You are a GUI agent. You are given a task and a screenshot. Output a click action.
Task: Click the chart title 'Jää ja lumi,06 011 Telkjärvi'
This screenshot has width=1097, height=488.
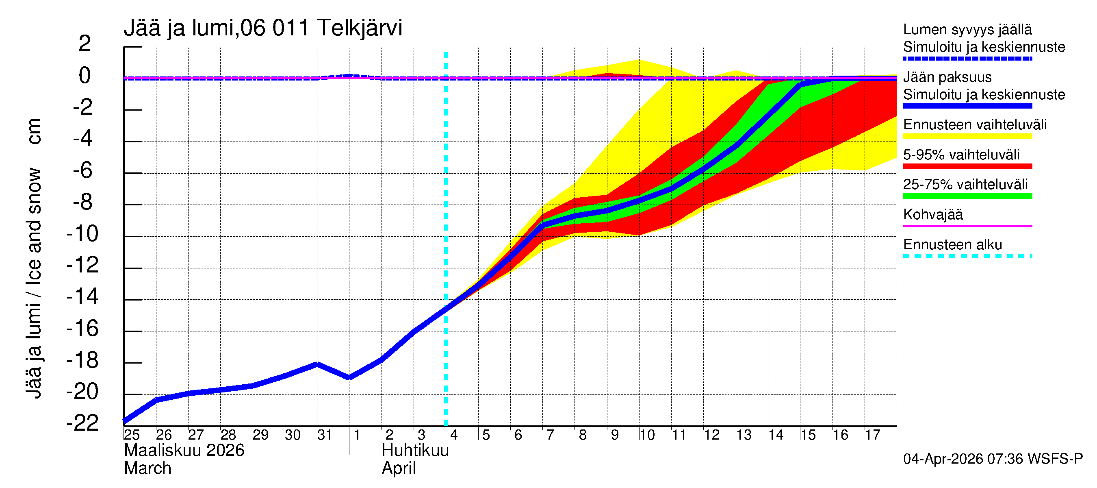click(263, 28)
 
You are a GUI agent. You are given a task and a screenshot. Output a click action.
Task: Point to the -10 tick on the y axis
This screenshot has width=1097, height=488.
click(82, 234)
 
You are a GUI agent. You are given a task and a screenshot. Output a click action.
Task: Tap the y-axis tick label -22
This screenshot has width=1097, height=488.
click(82, 423)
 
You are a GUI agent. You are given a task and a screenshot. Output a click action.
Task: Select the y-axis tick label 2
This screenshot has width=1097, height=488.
click(85, 44)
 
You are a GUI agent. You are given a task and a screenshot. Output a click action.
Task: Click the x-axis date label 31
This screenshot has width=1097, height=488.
click(325, 435)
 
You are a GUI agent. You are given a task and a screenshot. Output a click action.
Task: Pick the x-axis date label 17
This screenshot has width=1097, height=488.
click(873, 435)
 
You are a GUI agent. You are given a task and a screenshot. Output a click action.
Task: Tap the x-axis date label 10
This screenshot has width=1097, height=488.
click(647, 435)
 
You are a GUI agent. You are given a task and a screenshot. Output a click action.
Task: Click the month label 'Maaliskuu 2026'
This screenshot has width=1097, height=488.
click(184, 451)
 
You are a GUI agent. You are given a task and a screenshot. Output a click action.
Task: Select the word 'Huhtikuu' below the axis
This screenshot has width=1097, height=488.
click(415, 451)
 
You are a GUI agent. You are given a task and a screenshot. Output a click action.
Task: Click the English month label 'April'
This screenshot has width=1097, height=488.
click(398, 468)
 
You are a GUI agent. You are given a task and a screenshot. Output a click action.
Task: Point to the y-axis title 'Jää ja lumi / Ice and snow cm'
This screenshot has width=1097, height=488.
click(34, 258)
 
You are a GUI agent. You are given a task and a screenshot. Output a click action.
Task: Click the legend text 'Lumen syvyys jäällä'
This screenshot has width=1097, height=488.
click(967, 30)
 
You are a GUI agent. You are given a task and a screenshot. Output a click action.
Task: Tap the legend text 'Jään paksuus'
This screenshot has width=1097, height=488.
click(947, 78)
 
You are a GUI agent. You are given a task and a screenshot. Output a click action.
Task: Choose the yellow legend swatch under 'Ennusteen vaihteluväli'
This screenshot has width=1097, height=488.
click(967, 136)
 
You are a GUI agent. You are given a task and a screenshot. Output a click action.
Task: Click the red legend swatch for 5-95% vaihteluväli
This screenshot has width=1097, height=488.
click(967, 166)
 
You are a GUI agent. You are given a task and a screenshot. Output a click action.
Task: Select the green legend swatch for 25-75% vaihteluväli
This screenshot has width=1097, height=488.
click(967, 196)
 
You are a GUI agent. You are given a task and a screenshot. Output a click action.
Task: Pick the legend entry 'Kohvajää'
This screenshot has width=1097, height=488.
click(933, 215)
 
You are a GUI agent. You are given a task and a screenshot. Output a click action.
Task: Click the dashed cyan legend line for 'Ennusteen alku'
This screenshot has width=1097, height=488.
click(967, 256)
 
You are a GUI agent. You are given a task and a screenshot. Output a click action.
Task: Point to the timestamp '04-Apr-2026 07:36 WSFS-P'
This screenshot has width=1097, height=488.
click(993, 459)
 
